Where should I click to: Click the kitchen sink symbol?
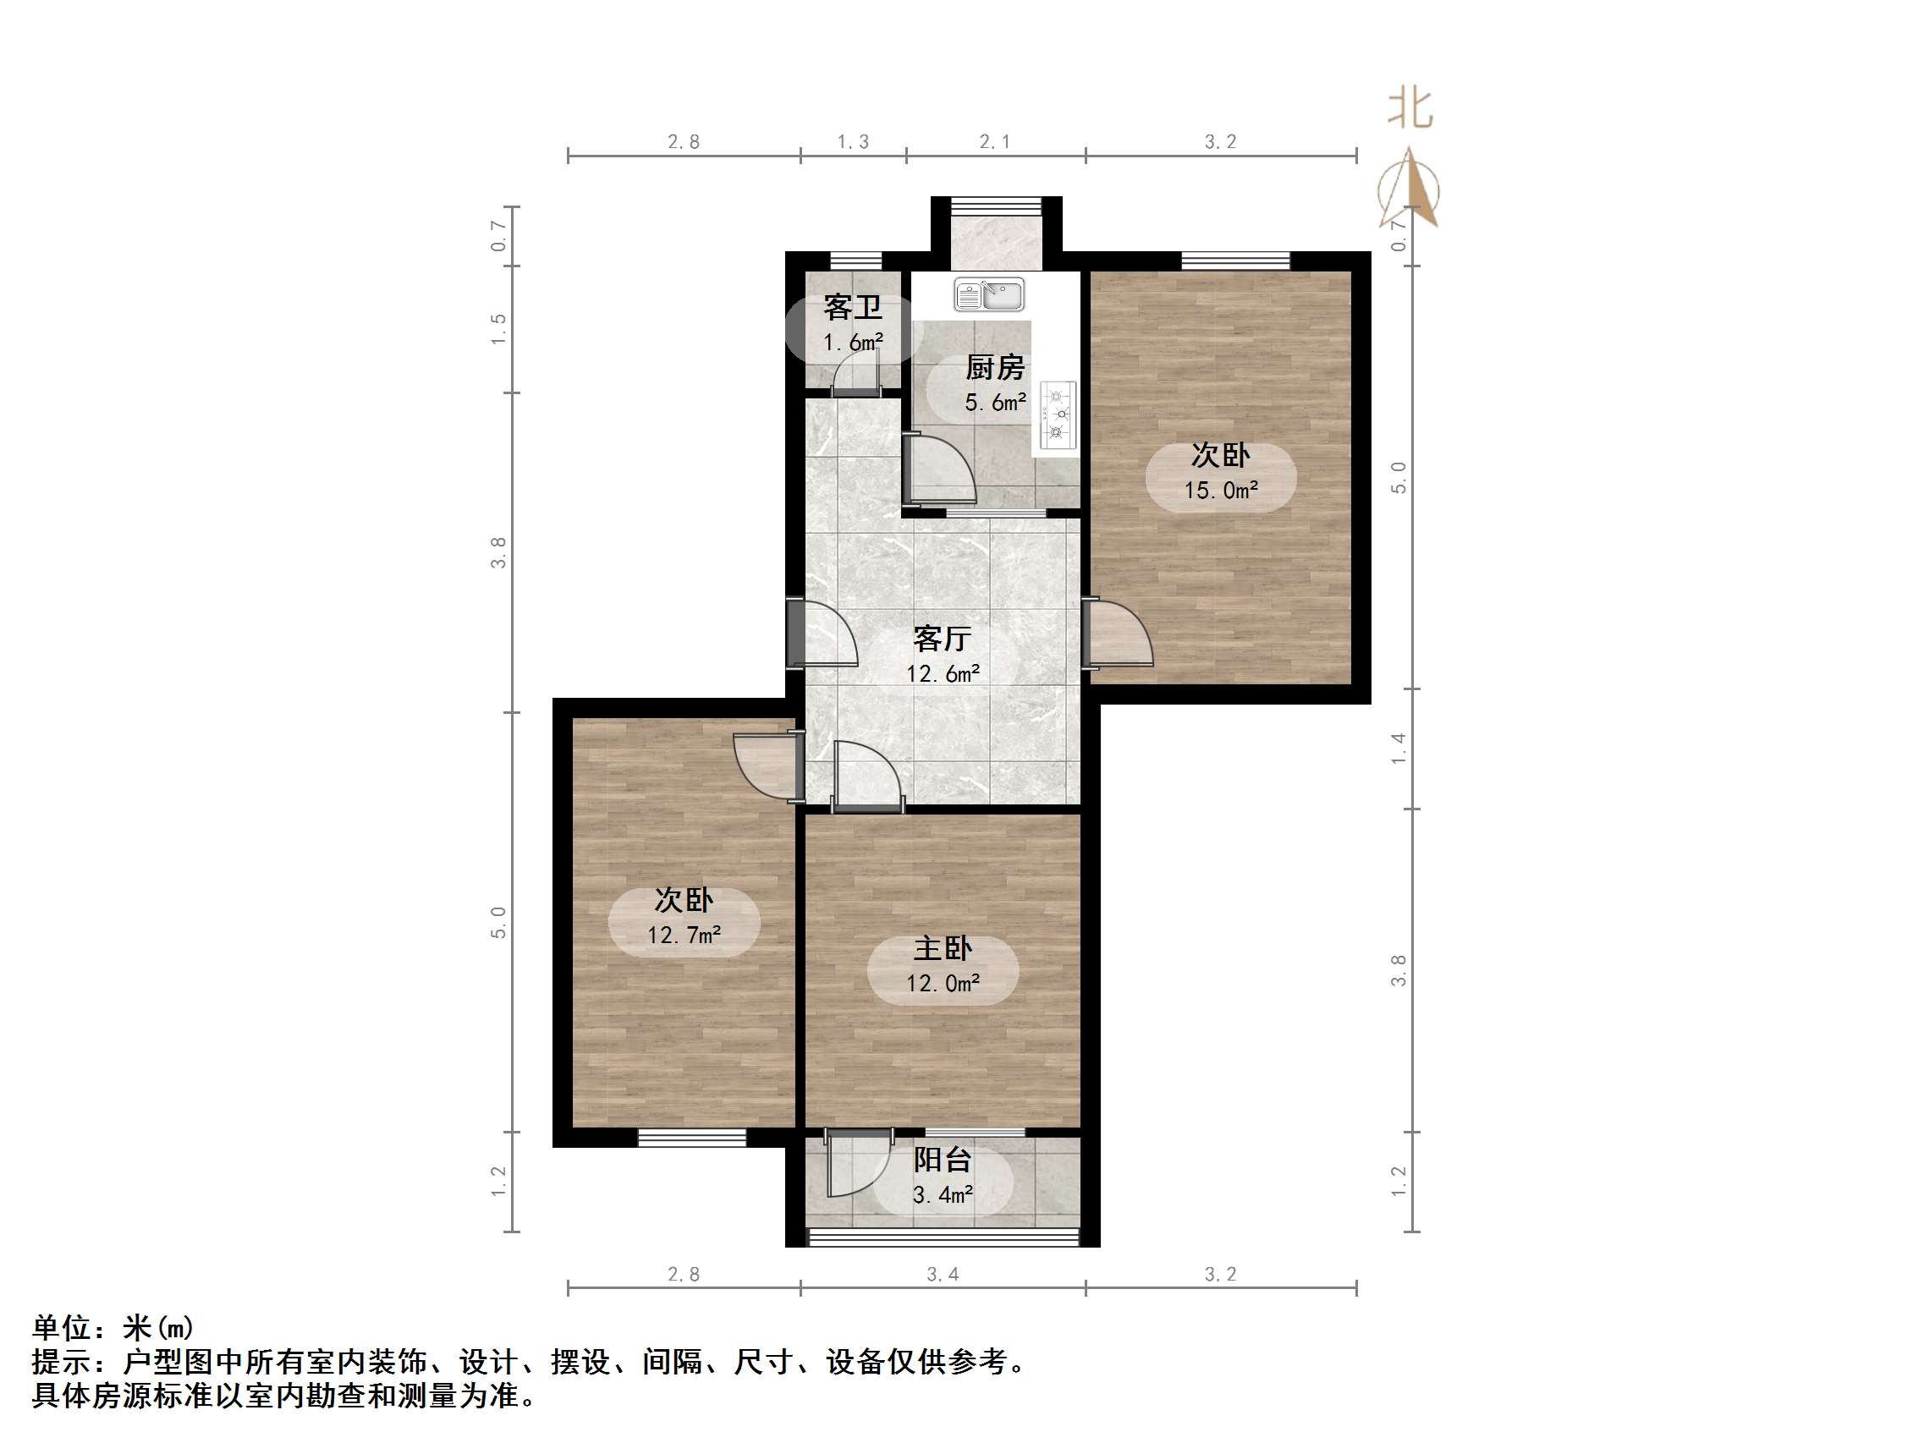tap(989, 295)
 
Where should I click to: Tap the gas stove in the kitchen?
tap(1058, 415)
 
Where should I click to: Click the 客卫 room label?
tap(852, 307)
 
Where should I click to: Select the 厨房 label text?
tap(995, 368)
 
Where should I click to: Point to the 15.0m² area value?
tap(1220, 491)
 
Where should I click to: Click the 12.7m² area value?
tap(684, 935)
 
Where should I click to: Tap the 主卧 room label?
tap(943, 948)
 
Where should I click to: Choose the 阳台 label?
tap(943, 1160)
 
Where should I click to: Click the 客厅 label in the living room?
tap(943, 639)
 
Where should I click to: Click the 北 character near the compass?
tap(1410, 109)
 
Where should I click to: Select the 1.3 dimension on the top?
tap(852, 142)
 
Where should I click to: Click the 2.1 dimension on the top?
tap(995, 142)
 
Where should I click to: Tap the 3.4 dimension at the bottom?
tap(943, 1275)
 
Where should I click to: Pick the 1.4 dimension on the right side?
tap(1398, 748)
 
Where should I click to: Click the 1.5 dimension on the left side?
tap(498, 329)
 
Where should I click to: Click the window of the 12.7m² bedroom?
tap(692, 1137)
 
